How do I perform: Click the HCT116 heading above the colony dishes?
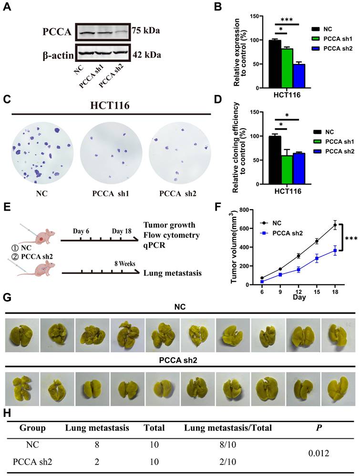click(110, 104)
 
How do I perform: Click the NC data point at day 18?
click(335, 225)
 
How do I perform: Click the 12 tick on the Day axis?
click(298, 291)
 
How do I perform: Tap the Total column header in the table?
click(154, 428)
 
